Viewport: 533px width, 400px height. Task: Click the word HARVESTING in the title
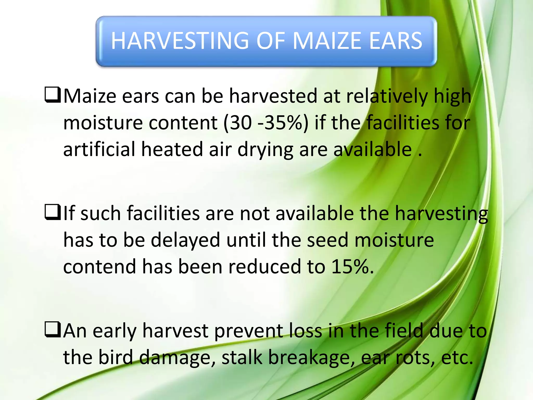point(180,41)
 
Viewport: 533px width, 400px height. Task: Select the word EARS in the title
point(396,41)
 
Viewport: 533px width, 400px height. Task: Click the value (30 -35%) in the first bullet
point(266,123)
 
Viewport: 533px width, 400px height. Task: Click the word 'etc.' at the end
point(457,358)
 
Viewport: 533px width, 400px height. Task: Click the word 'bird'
point(116,357)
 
